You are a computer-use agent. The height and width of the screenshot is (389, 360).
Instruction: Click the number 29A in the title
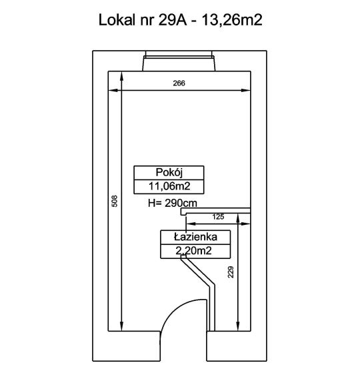172,20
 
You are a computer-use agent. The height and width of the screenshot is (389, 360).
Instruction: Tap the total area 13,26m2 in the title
232,20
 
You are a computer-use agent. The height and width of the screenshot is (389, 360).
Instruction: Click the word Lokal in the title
117,20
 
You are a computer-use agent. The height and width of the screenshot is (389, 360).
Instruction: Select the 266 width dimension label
179,83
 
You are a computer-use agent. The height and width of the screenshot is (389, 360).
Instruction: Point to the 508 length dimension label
115,201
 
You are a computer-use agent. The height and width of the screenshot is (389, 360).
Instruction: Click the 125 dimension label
218,217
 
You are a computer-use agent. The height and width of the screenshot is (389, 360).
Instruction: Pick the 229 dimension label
231,272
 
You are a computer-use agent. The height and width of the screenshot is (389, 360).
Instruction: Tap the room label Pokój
169,172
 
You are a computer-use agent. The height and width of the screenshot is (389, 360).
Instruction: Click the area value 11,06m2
169,186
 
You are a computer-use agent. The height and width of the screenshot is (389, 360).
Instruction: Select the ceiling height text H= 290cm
173,204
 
